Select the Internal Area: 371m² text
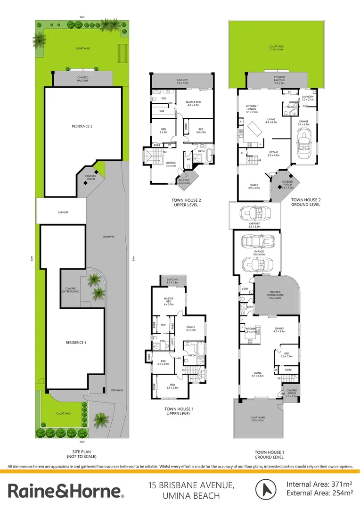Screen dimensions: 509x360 (320, 484)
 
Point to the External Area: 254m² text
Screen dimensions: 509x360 (320, 493)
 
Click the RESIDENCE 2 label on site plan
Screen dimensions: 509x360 (82, 126)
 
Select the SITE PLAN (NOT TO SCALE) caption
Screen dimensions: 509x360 (82, 454)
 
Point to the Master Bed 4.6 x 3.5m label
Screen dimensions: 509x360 (193, 104)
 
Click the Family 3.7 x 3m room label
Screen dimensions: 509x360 (190, 328)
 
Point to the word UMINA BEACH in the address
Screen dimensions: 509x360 (191, 496)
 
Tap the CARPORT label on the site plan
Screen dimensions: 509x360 (63, 213)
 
